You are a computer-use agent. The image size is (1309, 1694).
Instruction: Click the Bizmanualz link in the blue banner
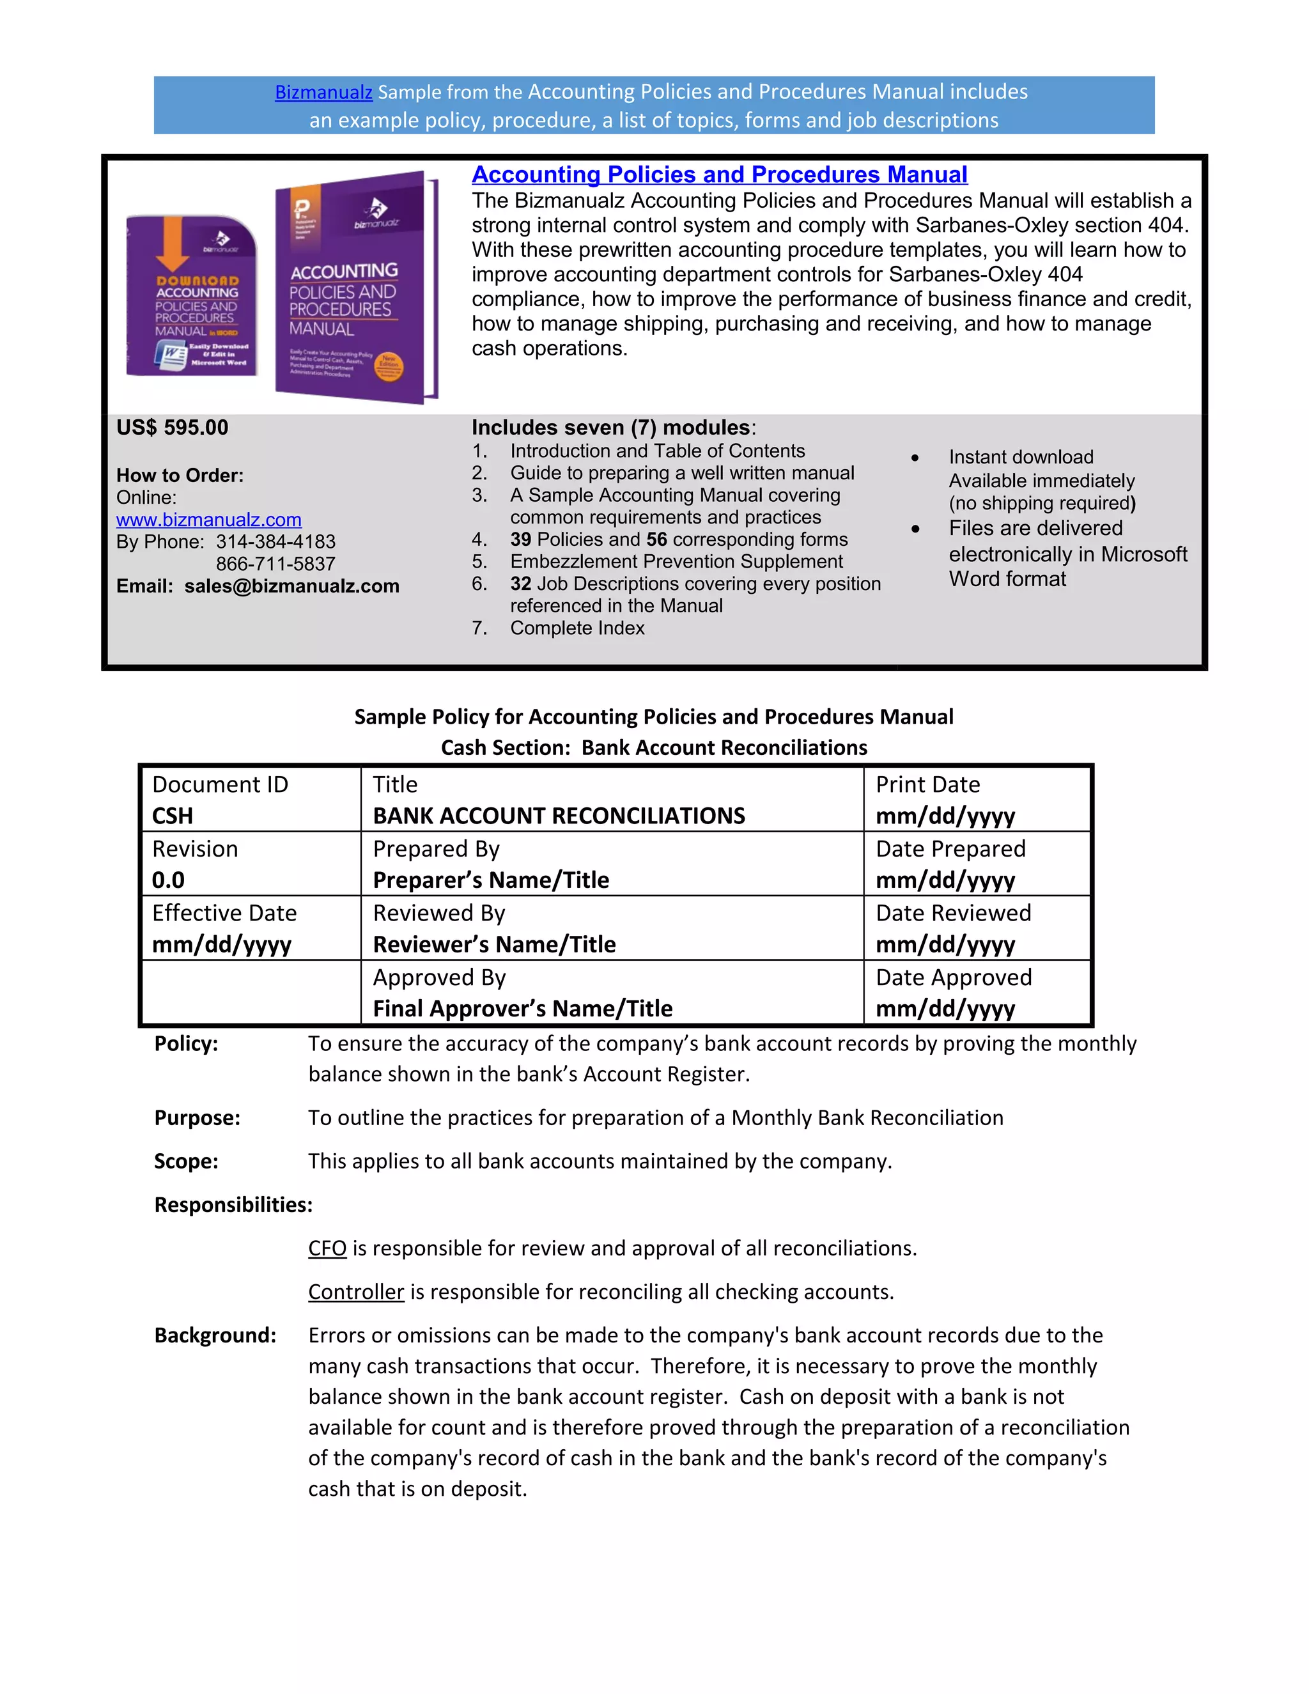pyautogui.click(x=323, y=92)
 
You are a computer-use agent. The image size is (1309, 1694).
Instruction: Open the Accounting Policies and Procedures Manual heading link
pyautogui.click(x=719, y=175)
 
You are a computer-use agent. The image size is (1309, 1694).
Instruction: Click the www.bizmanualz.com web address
pyautogui.click(x=208, y=520)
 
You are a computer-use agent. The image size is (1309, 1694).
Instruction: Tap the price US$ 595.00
pyautogui.click(x=172, y=428)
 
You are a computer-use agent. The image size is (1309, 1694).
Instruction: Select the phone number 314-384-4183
pyautogui.click(x=275, y=541)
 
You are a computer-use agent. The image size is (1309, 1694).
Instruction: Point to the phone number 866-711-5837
pyautogui.click(x=275, y=564)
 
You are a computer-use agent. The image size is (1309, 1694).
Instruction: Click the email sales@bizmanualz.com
pyautogui.click(x=291, y=586)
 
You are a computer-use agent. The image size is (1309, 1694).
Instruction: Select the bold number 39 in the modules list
pyautogui.click(x=520, y=539)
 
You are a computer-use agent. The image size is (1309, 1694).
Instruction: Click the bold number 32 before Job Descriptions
pyautogui.click(x=520, y=583)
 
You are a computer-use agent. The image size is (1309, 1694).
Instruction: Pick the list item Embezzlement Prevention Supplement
pyautogui.click(x=676, y=561)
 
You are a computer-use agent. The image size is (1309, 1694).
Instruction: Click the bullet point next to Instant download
pyautogui.click(x=915, y=458)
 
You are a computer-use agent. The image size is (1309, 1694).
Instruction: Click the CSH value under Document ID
pyautogui.click(x=172, y=816)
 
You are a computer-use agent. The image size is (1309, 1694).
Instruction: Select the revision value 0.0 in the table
pyautogui.click(x=168, y=880)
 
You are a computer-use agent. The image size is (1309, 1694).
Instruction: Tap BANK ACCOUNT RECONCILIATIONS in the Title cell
pyautogui.click(x=559, y=816)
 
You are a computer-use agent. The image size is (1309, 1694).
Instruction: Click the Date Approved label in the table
pyautogui.click(x=953, y=977)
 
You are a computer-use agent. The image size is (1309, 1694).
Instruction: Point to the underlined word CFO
pyautogui.click(x=327, y=1248)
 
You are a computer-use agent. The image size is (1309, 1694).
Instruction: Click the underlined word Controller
pyautogui.click(x=356, y=1291)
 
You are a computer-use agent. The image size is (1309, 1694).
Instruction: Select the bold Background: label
pyautogui.click(x=215, y=1335)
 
